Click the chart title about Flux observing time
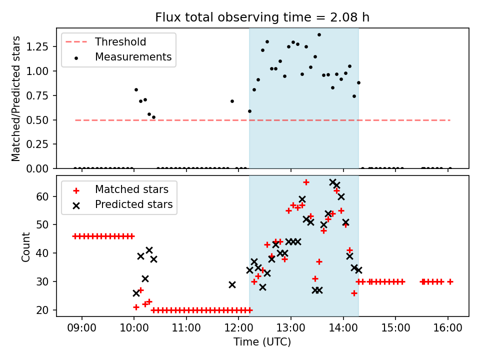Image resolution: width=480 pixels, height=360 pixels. [x=262, y=17]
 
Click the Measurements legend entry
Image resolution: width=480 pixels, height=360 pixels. [x=133, y=57]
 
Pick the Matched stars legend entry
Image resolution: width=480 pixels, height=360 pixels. [x=131, y=189]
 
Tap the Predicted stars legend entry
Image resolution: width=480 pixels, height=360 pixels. [x=133, y=204]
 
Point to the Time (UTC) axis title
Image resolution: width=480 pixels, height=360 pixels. [x=262, y=342]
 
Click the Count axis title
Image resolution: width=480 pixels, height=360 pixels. [x=25, y=246]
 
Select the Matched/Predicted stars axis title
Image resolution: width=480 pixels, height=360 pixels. [x=16, y=98]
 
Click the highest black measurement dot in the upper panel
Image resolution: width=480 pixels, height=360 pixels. [x=319, y=35]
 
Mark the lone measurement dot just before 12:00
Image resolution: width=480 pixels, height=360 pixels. [x=232, y=101]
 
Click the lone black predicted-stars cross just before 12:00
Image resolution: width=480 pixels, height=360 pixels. [x=232, y=284]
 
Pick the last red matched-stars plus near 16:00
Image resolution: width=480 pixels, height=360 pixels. [x=450, y=281]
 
